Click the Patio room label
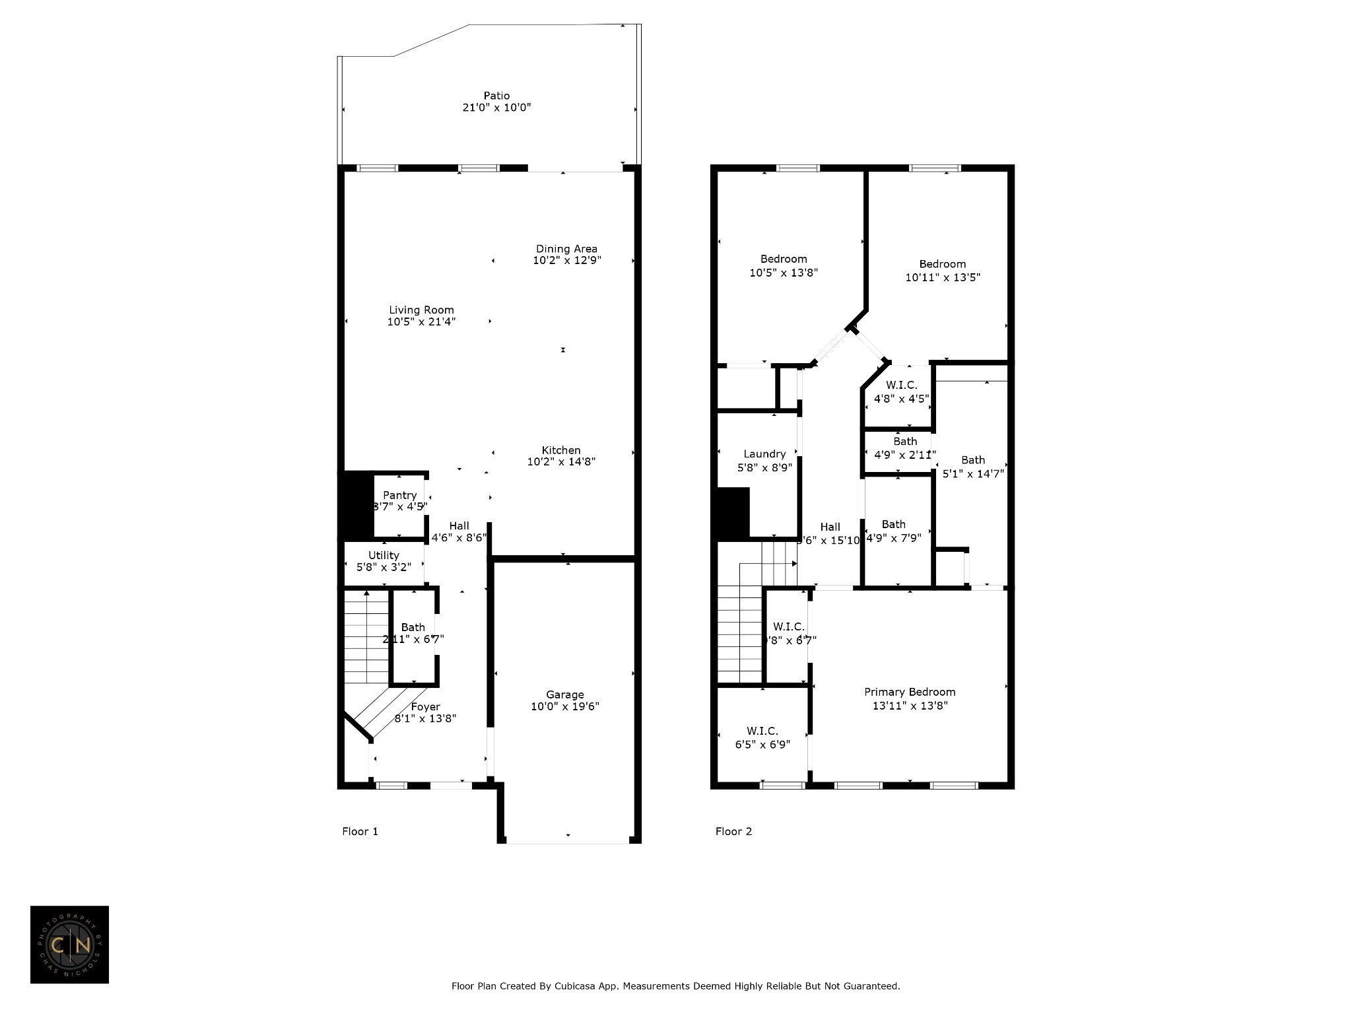(496, 96)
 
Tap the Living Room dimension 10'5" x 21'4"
(421, 322)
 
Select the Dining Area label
(566, 249)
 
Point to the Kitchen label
(561, 450)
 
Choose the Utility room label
(384, 555)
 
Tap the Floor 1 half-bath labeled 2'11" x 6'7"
(413, 633)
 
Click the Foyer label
(425, 707)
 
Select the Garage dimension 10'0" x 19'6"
(565, 706)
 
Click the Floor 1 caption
(360, 831)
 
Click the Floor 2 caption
(733, 831)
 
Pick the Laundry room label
(764, 454)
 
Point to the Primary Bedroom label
(910, 692)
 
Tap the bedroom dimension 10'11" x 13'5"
(943, 278)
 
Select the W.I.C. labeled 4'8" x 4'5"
(901, 392)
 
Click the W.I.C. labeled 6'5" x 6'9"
(762, 737)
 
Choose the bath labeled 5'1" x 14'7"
(973, 467)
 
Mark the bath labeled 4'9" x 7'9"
(893, 531)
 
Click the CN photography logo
(69, 945)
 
